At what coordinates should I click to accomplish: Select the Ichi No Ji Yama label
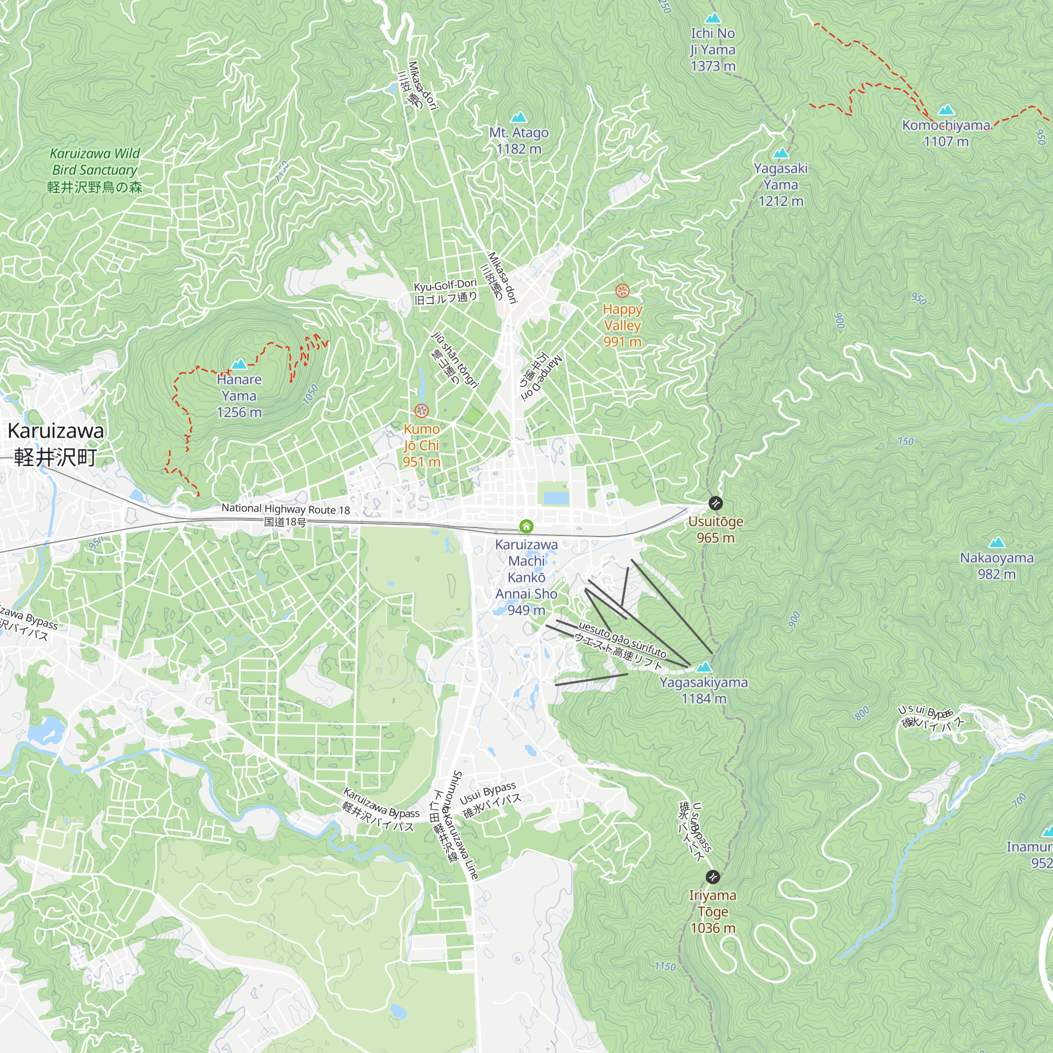(713, 49)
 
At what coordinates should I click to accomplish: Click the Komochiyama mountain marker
(946, 110)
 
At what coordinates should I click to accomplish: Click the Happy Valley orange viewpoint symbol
(622, 291)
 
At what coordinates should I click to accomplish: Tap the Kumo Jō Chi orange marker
(421, 411)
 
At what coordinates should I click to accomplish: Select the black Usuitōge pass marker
(716, 503)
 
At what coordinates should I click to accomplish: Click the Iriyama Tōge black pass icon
(713, 877)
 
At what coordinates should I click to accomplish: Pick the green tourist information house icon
(526, 526)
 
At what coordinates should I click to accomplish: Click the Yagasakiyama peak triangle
(704, 667)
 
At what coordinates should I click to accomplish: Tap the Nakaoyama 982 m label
(996, 566)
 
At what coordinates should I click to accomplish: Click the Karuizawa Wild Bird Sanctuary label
(95, 170)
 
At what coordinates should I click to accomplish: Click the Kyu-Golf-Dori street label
(445, 291)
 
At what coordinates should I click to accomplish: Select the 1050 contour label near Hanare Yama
(310, 394)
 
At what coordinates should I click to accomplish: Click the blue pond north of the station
(556, 498)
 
